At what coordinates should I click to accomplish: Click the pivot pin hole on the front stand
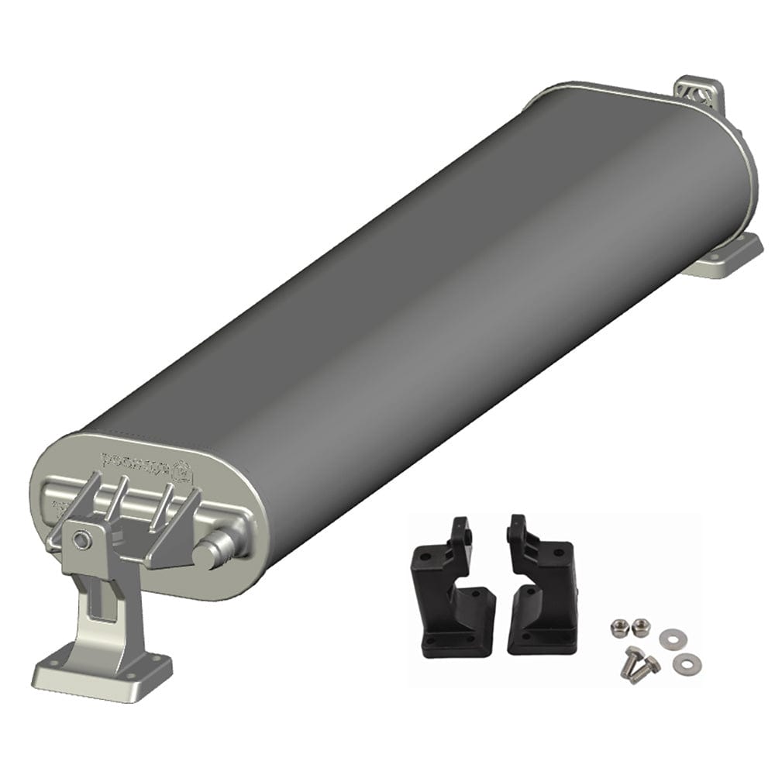coord(81,537)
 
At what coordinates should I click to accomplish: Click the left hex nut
coord(618,625)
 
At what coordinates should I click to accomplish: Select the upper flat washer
coord(669,639)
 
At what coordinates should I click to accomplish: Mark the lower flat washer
coord(684,663)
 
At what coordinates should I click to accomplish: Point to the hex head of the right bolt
coord(653,663)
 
